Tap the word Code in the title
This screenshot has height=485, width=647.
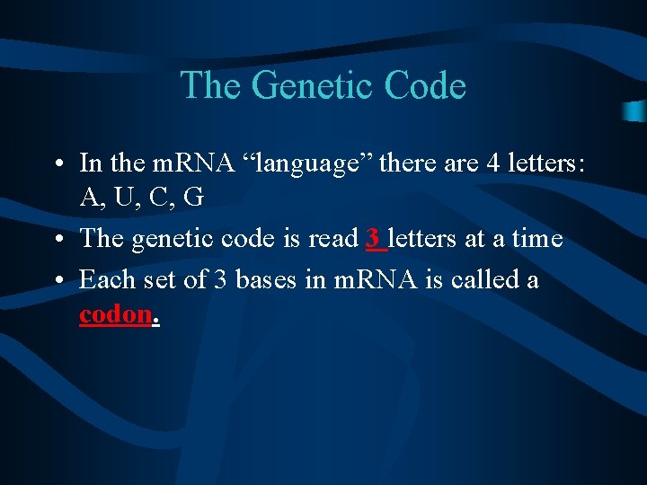click(x=424, y=85)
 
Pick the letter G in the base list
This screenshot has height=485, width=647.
click(x=192, y=198)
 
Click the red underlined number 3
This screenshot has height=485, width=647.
click(x=373, y=238)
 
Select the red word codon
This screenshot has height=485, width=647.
click(x=115, y=315)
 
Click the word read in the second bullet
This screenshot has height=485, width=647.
click(x=333, y=238)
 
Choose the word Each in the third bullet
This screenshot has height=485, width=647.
click(x=103, y=279)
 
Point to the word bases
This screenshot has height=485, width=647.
click(x=266, y=279)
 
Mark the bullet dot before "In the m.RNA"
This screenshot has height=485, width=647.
click(x=57, y=164)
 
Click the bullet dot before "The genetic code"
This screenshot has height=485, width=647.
click(x=57, y=239)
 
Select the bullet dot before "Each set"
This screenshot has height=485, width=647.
click(x=57, y=280)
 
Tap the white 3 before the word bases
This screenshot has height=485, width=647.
click(x=221, y=279)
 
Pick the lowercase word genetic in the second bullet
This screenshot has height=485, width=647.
click(x=170, y=239)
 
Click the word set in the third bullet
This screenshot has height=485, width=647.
click(x=155, y=279)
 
